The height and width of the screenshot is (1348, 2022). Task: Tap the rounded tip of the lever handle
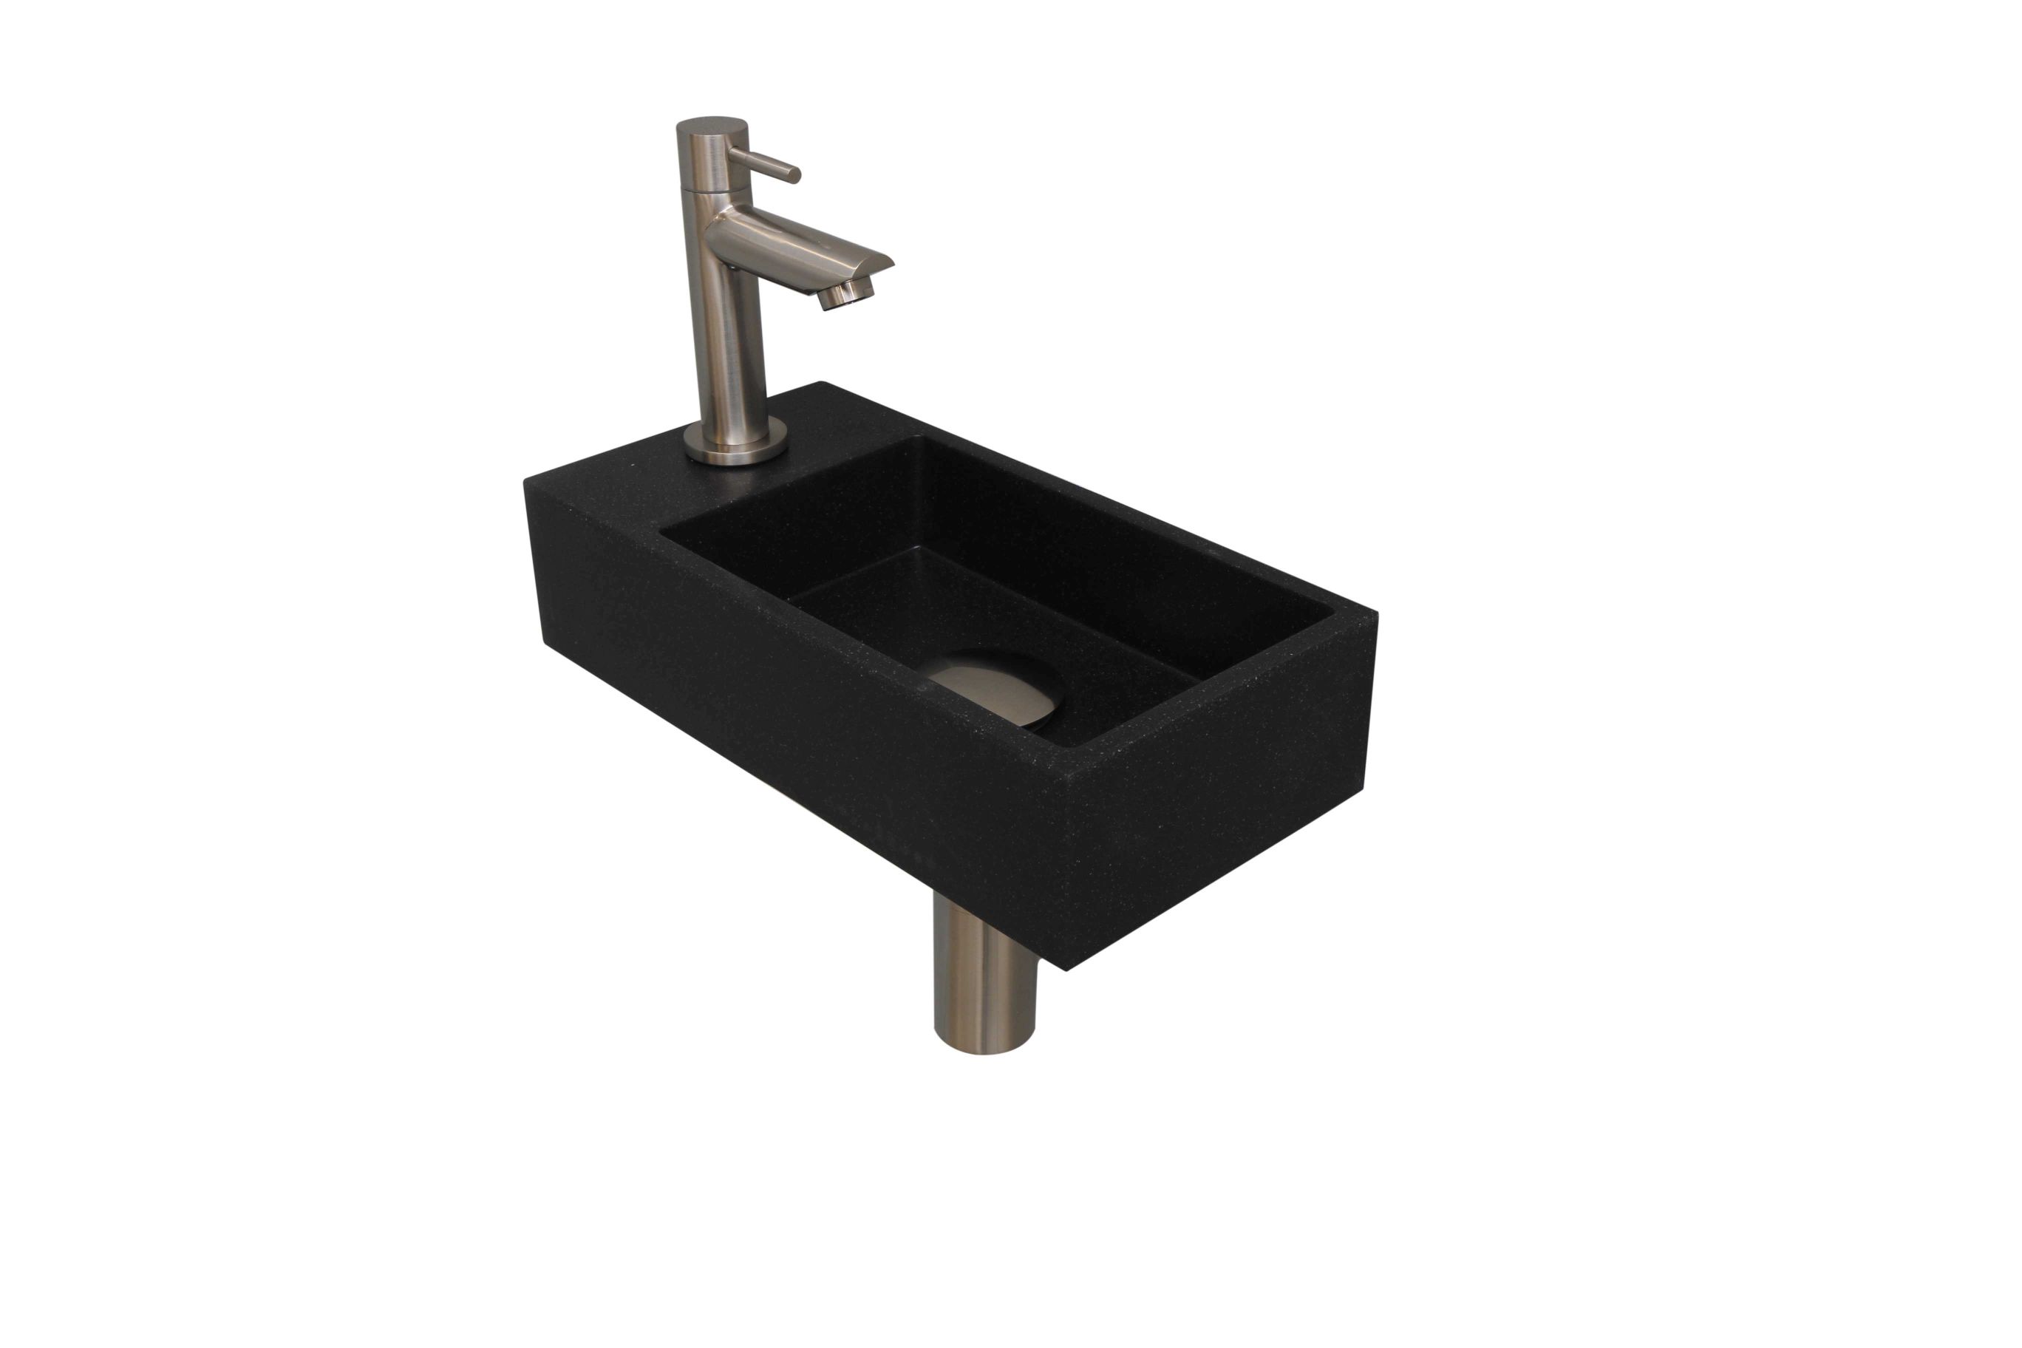[x=795, y=175]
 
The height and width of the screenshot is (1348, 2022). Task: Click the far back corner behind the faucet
[x=823, y=384]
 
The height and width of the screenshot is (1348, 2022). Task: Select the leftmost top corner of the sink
[x=526, y=481]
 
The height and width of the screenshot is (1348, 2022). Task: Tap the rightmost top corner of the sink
[x=1376, y=612]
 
